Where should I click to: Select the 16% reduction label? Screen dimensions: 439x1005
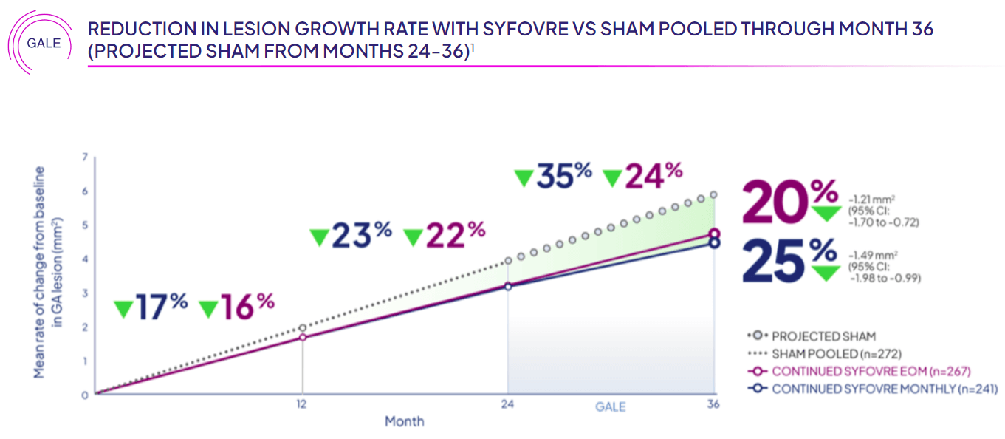[237, 306]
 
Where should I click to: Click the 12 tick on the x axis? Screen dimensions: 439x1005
[301, 405]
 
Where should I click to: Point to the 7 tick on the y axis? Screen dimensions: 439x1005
[85, 157]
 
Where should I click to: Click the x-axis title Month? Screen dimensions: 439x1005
[404, 421]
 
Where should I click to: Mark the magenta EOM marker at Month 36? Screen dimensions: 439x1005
[714, 234]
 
